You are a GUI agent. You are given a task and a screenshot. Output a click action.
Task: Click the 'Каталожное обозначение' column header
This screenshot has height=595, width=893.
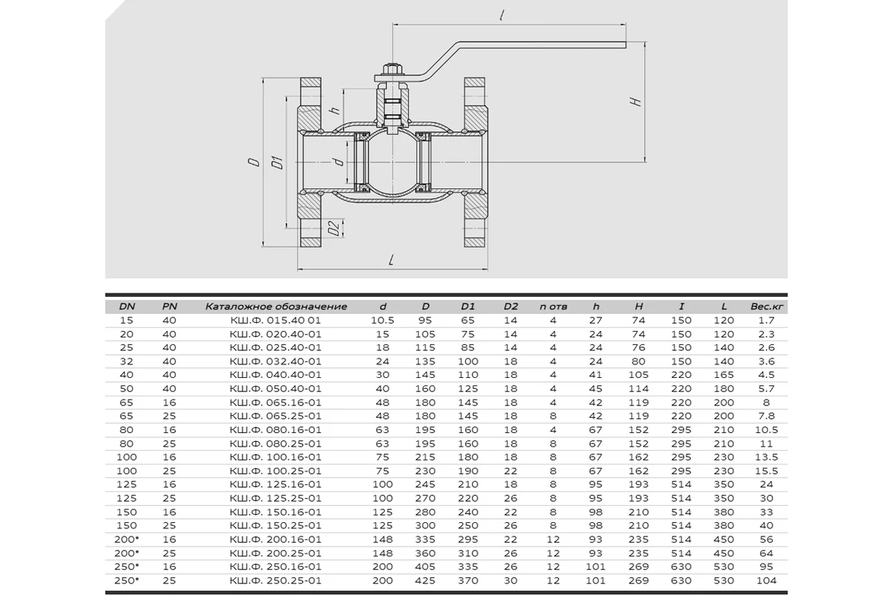point(276,306)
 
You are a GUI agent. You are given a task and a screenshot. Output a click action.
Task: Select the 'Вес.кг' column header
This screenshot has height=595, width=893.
point(766,306)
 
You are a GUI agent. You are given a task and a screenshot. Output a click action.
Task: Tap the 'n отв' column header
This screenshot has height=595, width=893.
point(553,306)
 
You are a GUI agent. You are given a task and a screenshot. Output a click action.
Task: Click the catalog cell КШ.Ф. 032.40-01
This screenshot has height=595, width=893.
point(275,361)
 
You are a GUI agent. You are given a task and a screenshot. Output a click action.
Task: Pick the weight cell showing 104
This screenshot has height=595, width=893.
point(766,581)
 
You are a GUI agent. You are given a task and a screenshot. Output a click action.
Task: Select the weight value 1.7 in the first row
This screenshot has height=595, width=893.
point(766,321)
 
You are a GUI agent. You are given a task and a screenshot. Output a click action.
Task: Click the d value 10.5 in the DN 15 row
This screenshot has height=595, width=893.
point(383,321)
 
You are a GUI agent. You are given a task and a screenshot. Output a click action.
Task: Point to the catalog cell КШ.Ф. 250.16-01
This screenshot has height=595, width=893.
point(275,567)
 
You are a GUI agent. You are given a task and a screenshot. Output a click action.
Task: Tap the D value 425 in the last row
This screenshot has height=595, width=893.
point(425,581)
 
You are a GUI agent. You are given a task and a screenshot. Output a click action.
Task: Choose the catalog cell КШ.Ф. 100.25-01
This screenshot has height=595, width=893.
point(275,471)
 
